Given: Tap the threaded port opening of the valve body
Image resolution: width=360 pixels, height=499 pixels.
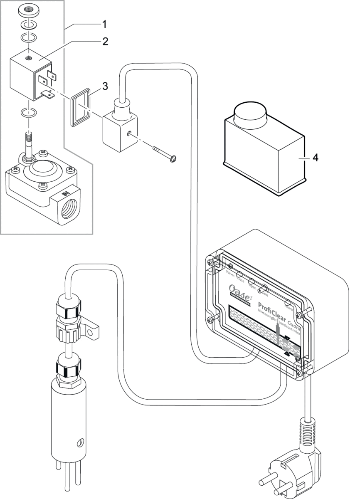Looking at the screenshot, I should tap(68, 210).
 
